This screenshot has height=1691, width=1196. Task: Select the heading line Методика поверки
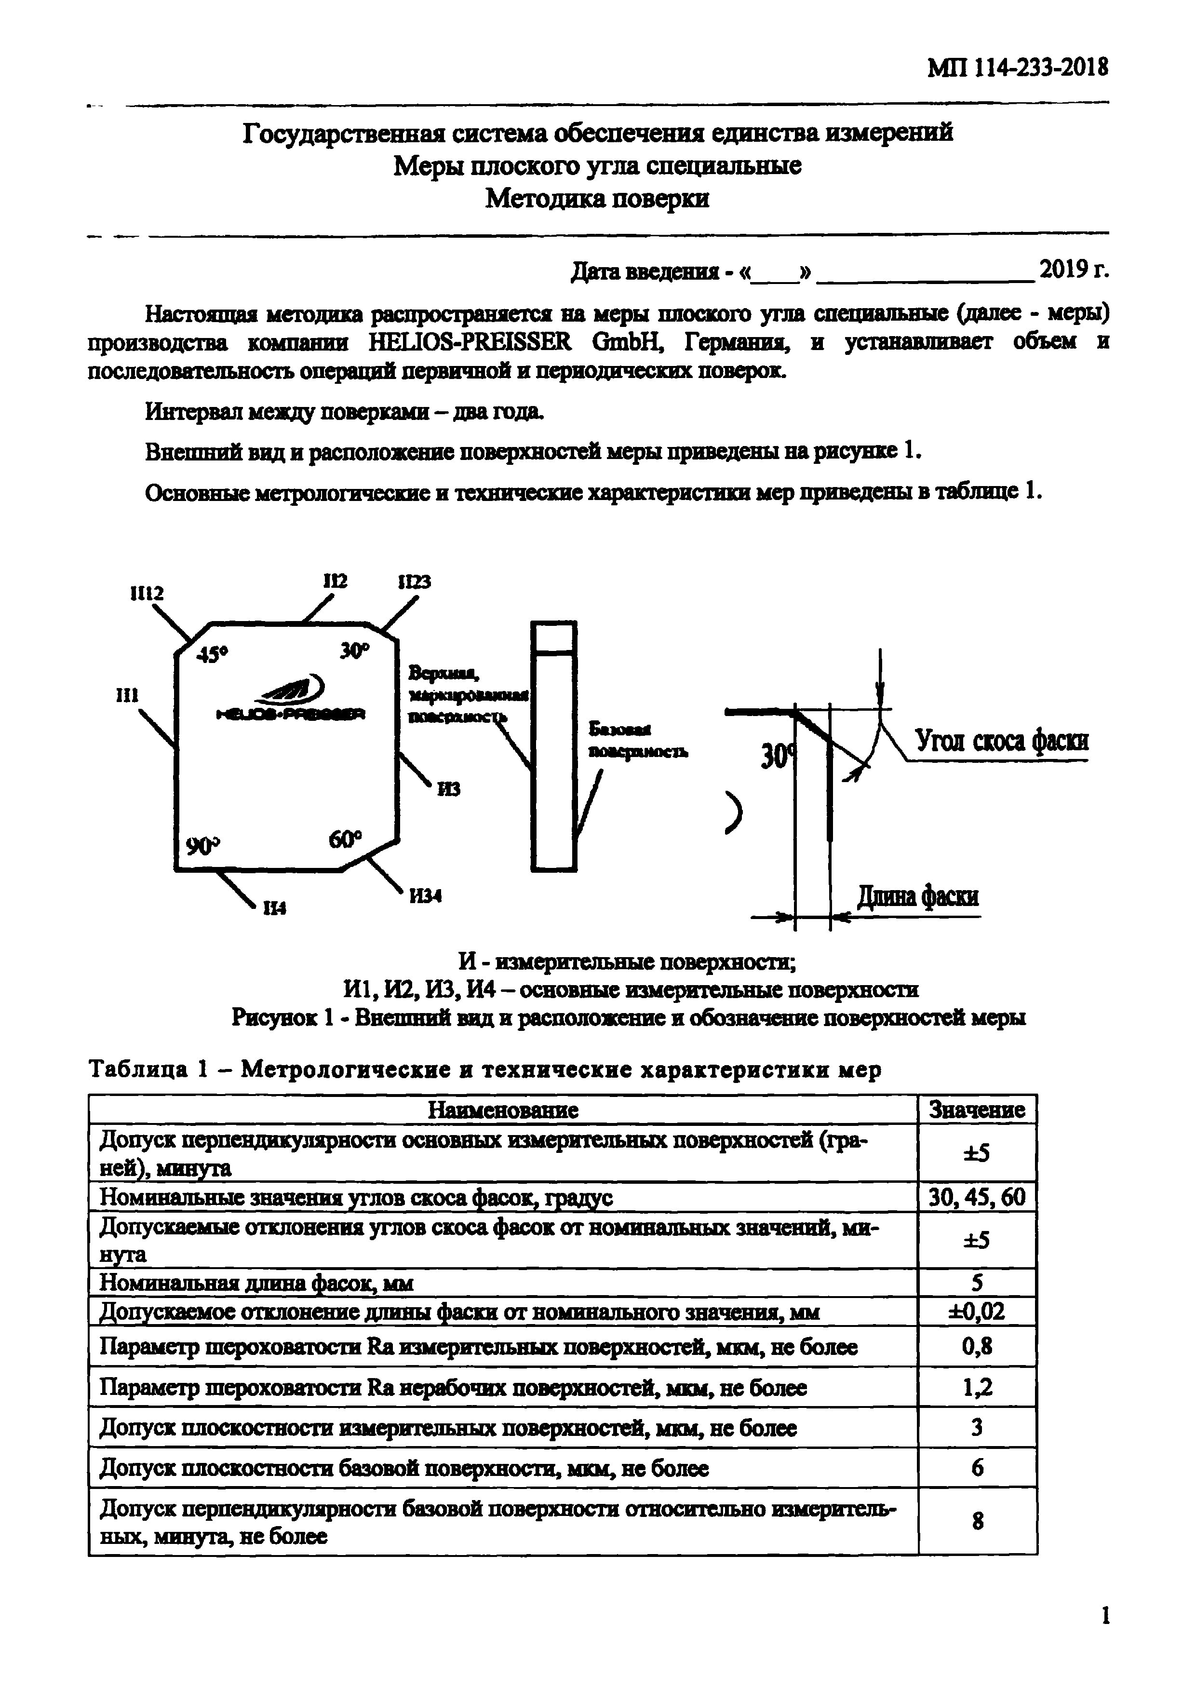tap(597, 199)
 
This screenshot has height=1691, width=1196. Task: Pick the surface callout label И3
tap(448, 789)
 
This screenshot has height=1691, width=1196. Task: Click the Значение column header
tap(977, 1109)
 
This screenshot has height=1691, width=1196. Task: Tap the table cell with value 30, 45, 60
tap(977, 1197)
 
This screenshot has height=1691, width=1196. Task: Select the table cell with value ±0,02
tap(977, 1311)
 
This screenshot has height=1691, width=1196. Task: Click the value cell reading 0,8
tap(977, 1347)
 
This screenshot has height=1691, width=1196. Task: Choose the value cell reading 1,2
tap(977, 1388)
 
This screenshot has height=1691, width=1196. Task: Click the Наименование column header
tap(503, 1109)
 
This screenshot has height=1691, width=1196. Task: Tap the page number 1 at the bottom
tap(1105, 1617)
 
